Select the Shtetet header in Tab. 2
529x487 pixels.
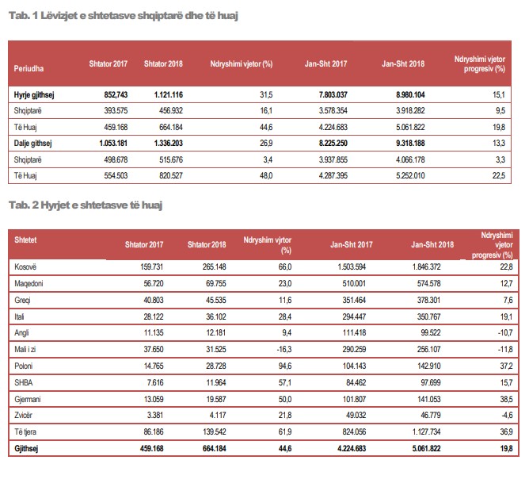tap(27, 239)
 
